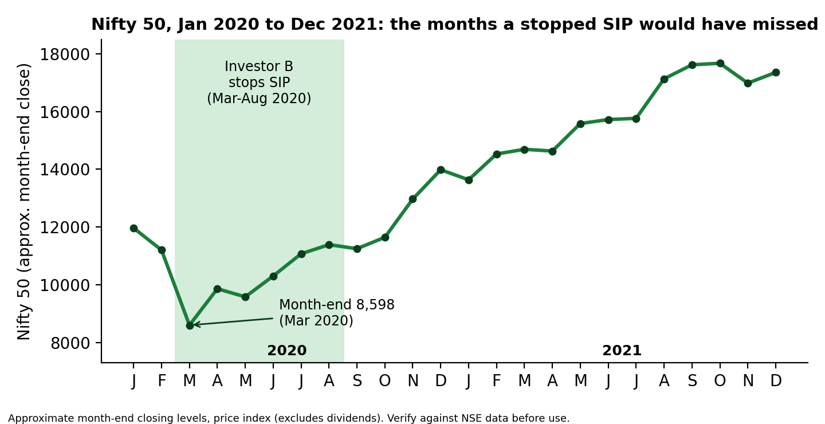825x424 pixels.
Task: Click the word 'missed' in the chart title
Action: [x=785, y=25]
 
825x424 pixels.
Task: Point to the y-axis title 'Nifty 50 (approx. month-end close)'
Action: [x=24, y=202]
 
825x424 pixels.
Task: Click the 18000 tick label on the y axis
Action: [x=65, y=54]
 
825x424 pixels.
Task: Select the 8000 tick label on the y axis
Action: [x=70, y=343]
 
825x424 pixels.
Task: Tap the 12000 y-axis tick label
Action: [x=65, y=227]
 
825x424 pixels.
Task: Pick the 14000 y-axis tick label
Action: [x=65, y=170]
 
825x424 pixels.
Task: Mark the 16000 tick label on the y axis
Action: [x=65, y=112]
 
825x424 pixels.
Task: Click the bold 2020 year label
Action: [x=287, y=350]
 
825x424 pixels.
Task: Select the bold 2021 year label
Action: [x=622, y=350]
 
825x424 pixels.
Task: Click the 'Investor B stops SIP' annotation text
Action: [x=259, y=74]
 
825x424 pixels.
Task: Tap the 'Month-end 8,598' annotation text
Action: [x=337, y=305]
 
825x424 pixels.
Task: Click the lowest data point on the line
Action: [x=190, y=325]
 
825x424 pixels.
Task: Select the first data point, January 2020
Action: [x=133, y=229]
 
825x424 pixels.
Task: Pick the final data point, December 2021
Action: [x=776, y=73]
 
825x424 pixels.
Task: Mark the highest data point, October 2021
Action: [x=720, y=64]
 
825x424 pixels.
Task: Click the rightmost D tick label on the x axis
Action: [x=776, y=380]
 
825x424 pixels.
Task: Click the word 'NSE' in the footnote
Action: [x=470, y=418]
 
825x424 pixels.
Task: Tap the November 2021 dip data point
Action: [x=748, y=84]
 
